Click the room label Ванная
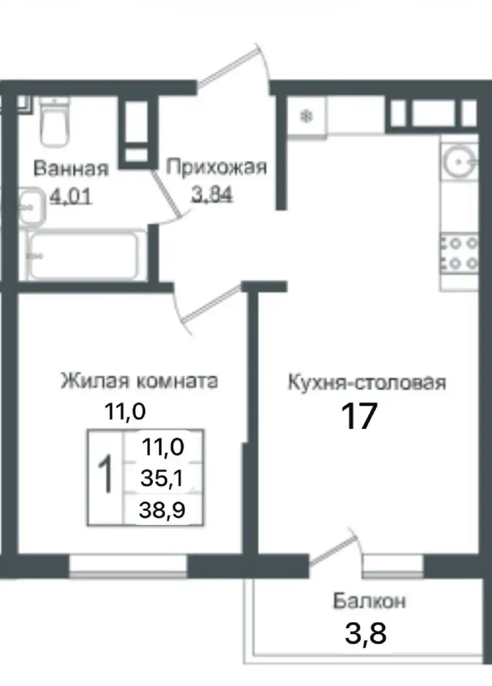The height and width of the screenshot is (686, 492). (x=71, y=168)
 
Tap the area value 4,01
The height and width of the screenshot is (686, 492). (x=71, y=197)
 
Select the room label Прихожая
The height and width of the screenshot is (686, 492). (x=216, y=167)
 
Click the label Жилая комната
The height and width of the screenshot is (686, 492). (x=139, y=382)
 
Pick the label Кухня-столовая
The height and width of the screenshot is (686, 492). (x=367, y=383)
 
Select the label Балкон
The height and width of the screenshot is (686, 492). (x=369, y=601)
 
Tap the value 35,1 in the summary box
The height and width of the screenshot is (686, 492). (x=162, y=478)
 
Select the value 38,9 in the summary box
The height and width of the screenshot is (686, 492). (x=162, y=510)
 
